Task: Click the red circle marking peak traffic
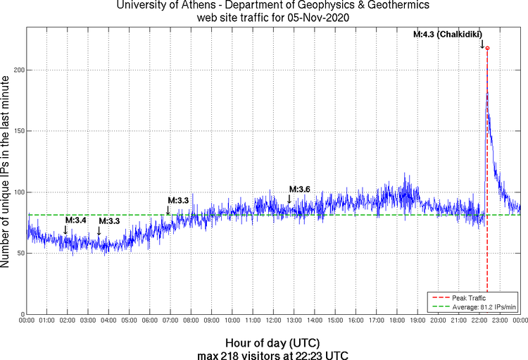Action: click(487, 49)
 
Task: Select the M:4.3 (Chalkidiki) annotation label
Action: click(448, 34)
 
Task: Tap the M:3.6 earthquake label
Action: click(300, 189)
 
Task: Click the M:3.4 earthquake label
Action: click(75, 221)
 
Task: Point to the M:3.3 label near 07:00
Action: click(178, 201)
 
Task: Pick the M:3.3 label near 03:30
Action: click(109, 221)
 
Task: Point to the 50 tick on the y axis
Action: click(20, 254)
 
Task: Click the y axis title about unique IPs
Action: click(6, 169)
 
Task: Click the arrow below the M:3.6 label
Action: click(289, 200)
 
